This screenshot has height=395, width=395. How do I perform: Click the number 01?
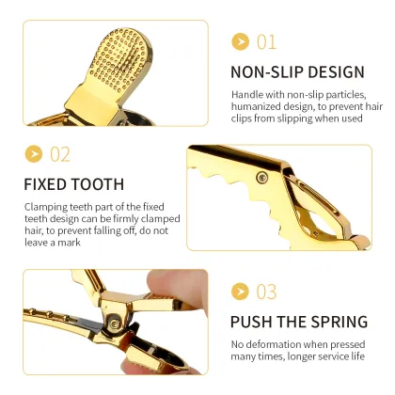(x=267, y=42)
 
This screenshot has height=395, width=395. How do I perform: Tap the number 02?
(x=60, y=153)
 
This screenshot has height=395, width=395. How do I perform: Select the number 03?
(x=267, y=292)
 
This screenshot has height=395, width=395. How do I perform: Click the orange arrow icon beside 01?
(x=241, y=42)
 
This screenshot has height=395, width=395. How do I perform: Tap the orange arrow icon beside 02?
(x=34, y=153)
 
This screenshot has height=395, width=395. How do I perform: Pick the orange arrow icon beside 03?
(x=241, y=292)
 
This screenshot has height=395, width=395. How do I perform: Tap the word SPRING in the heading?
(x=339, y=322)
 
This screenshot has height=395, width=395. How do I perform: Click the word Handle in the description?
(x=247, y=94)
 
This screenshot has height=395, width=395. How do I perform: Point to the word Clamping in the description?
(x=46, y=206)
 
